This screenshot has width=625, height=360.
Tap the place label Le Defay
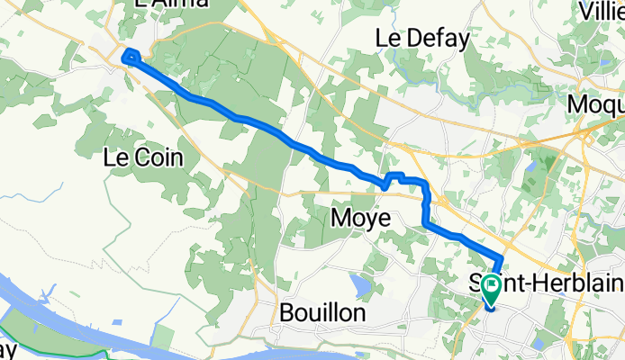pyautogui.click(x=422, y=39)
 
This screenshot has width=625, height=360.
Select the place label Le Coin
pyautogui.click(x=143, y=157)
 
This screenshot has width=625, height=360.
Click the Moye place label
pyautogui.click(x=360, y=218)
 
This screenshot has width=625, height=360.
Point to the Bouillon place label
pyautogui.click(x=322, y=313)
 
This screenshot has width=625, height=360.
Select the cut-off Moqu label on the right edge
pyautogui.click(x=595, y=104)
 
